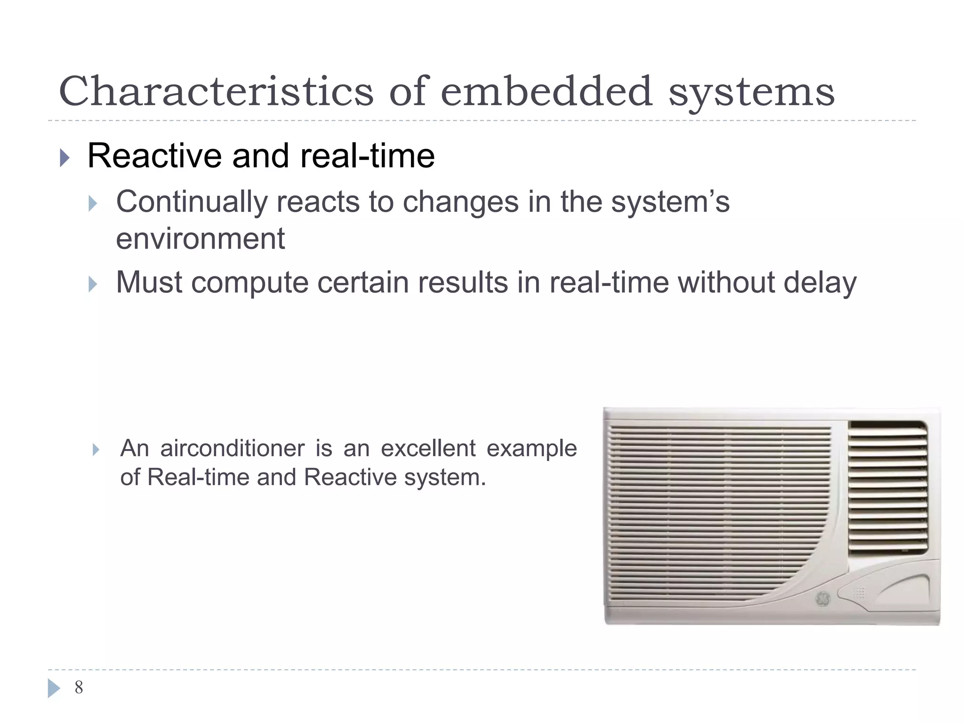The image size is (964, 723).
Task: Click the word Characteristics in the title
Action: [x=216, y=91]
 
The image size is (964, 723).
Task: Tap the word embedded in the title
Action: [x=546, y=91]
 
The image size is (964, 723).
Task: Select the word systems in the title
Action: [x=751, y=92]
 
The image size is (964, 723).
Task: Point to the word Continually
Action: [x=192, y=202]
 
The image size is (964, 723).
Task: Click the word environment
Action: [x=200, y=239]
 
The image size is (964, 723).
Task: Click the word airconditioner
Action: [x=232, y=448]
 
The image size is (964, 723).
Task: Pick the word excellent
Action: [x=428, y=448]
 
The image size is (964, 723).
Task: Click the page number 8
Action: [x=79, y=688]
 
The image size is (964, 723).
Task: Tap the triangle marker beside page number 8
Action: [x=54, y=688]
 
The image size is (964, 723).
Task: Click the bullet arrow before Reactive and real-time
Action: [x=64, y=158]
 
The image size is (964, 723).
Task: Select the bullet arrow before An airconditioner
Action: [x=96, y=450]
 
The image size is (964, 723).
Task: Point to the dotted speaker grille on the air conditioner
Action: [x=860, y=593]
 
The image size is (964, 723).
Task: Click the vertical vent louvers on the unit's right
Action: [x=887, y=487]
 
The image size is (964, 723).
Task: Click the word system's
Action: [x=670, y=202]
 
